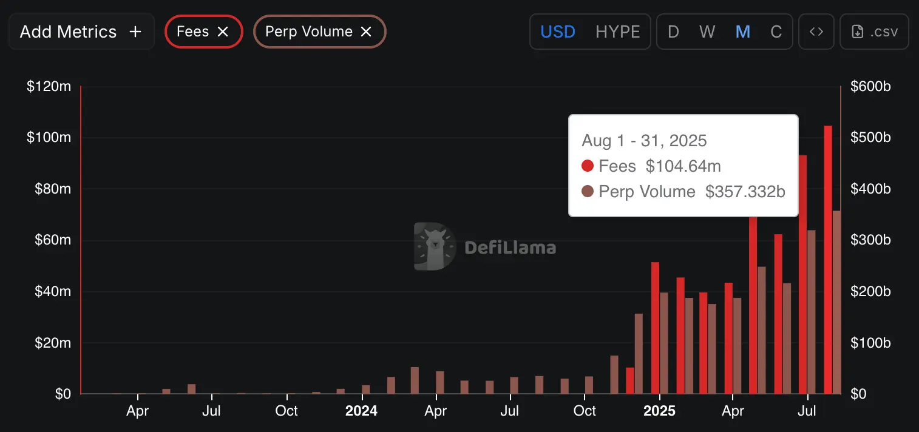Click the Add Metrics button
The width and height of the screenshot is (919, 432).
click(x=81, y=32)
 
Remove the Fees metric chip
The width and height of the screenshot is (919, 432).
click(x=223, y=32)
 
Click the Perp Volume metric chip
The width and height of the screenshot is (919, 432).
click(x=308, y=32)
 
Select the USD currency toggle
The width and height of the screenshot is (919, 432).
click(x=557, y=32)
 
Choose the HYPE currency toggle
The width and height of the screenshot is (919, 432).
click(x=617, y=32)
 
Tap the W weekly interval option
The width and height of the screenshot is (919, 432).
click(x=707, y=32)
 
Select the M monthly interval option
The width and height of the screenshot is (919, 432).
click(x=742, y=32)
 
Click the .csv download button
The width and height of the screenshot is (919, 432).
click(x=874, y=32)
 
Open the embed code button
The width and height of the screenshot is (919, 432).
click(x=816, y=32)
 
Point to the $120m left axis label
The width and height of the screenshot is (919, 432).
click(x=49, y=87)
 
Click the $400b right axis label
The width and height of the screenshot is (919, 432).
click(x=870, y=189)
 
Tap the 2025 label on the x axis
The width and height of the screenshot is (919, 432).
click(x=659, y=411)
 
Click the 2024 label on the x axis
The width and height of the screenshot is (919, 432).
click(x=361, y=411)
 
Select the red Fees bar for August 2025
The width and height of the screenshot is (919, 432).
click(x=828, y=261)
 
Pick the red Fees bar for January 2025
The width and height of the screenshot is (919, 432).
click(x=655, y=328)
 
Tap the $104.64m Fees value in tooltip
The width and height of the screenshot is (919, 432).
click(x=683, y=166)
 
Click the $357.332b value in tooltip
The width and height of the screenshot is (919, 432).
click(x=745, y=192)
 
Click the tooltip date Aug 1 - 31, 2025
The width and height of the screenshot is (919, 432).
click(x=644, y=141)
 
